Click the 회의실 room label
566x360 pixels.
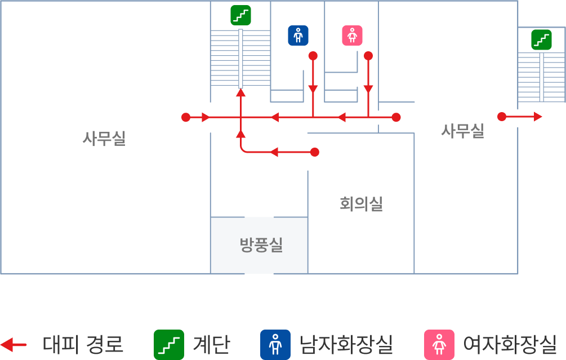click(x=361, y=204)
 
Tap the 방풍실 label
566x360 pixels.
click(x=261, y=245)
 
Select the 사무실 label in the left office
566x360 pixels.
click(x=104, y=138)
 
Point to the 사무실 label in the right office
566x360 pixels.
click(x=463, y=131)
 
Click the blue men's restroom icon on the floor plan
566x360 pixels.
click(x=298, y=35)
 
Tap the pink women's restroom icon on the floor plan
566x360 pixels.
click(x=352, y=35)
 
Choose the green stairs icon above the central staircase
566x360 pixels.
click(x=241, y=16)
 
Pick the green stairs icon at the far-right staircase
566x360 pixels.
click(x=541, y=40)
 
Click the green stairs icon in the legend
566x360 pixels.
click(x=169, y=344)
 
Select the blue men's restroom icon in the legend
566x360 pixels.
click(x=275, y=344)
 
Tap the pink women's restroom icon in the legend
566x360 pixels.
click(x=439, y=344)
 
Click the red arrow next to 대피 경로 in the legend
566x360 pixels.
click(x=14, y=345)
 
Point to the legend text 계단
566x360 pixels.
click(x=212, y=344)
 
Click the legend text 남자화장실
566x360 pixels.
click(x=346, y=344)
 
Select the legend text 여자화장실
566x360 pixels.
click(x=510, y=344)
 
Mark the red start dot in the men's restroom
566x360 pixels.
click(x=313, y=56)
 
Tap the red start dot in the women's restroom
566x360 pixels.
click(x=368, y=56)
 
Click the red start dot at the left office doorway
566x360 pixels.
click(x=186, y=117)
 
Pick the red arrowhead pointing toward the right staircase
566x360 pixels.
click(x=538, y=117)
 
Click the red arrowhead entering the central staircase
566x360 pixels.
click(x=241, y=93)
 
